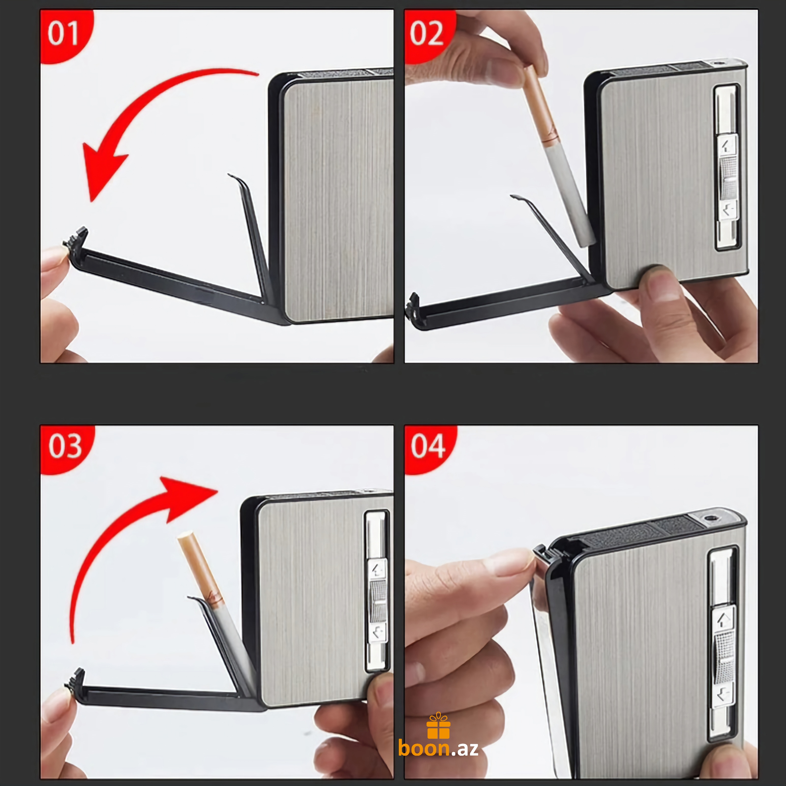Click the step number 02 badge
coord(427,34)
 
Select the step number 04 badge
coord(428,447)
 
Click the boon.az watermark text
coord(438,749)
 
